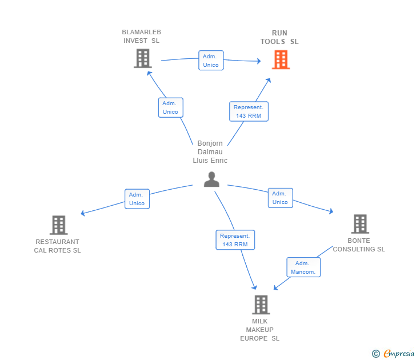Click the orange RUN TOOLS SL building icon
click(280, 59)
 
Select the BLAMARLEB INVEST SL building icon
click(142, 58)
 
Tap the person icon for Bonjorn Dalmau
click(211, 179)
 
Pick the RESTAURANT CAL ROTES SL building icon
click(58, 225)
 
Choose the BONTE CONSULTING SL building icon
click(359, 224)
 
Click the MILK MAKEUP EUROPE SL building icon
click(261, 305)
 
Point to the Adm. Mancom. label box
click(303, 267)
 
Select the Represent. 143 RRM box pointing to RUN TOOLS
click(249, 111)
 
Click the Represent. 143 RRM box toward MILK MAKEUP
click(235, 240)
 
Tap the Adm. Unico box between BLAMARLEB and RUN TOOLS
click(211, 61)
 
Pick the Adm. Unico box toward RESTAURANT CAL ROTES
click(137, 199)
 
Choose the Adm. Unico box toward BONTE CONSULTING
click(280, 198)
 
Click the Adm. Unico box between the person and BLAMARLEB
click(170, 107)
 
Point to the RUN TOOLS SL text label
click(279, 37)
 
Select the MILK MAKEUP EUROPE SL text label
click(260, 330)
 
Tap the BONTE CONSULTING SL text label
click(359, 245)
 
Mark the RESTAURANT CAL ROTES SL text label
click(57, 246)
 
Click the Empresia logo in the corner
click(398, 354)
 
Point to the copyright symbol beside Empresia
click(376, 354)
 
